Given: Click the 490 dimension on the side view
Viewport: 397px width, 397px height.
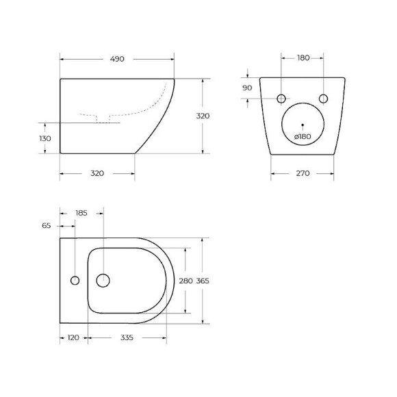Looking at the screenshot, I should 117,60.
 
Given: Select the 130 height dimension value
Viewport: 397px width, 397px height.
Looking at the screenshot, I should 45,138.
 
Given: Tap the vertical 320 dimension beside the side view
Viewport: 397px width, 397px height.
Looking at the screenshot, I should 203,116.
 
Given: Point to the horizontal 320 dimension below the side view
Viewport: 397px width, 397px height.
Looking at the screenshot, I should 97,173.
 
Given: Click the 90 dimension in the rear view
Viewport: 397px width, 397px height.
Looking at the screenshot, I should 248,88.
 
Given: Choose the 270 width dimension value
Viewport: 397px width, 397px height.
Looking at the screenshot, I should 303,173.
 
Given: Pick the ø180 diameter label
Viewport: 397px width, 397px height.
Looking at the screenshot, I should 303,136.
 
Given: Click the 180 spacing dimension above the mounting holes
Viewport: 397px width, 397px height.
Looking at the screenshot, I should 303,58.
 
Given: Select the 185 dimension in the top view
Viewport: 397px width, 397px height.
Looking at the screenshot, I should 81,213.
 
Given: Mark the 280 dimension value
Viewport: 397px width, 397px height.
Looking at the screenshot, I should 184,281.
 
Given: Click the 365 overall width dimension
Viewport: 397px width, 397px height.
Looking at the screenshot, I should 203,281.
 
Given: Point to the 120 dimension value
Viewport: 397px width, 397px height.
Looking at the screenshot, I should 73,337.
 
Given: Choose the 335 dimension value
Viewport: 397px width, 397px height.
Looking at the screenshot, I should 126,337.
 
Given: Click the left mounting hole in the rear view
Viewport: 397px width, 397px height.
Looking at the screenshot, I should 281,99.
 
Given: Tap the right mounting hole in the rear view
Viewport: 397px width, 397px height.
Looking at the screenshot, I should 324,99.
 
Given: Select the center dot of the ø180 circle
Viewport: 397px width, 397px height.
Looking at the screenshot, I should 303,125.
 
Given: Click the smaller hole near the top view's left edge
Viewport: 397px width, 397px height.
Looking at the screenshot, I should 75,280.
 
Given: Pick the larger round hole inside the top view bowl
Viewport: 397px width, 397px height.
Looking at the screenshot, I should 103,280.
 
